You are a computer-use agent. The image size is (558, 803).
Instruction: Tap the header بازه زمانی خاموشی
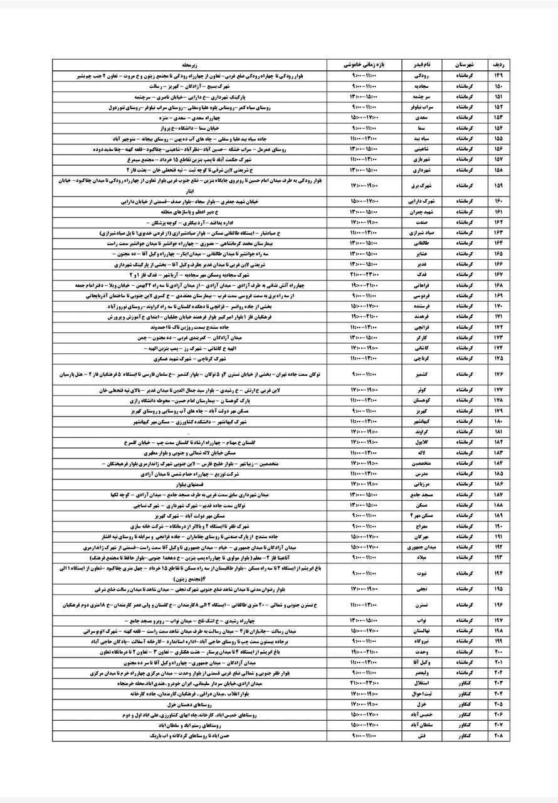[364, 65]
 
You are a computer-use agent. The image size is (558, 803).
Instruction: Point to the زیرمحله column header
[188, 65]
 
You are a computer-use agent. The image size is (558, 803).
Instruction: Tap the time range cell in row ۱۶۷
[364, 275]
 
